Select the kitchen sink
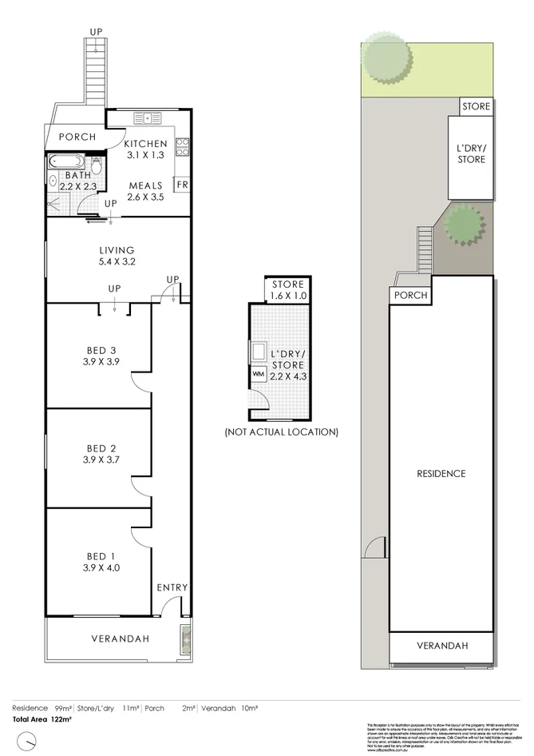pos(148,119)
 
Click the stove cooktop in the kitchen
pos(182,146)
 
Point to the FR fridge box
pos(182,184)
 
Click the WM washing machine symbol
pos(259,373)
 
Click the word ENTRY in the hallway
pos(172,587)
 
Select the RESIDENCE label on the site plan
pos(441,474)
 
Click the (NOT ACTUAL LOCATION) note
pos(281,432)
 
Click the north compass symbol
pos(28,742)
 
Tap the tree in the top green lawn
pos(386,57)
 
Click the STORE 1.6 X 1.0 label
pos(287,290)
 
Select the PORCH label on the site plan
pos(409,295)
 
